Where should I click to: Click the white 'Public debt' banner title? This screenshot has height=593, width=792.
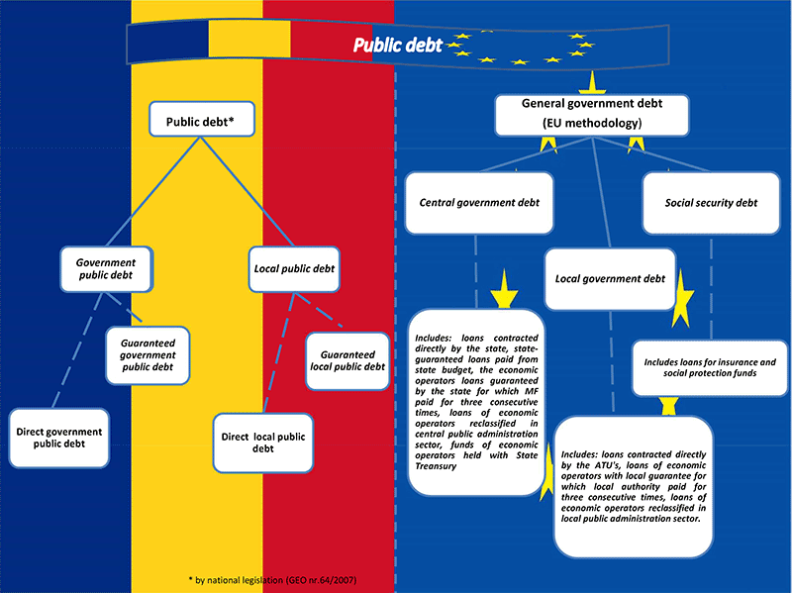(398, 45)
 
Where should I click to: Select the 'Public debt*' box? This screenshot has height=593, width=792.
(202, 119)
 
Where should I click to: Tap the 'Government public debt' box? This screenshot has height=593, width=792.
(106, 269)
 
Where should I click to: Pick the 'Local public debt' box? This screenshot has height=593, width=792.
(294, 269)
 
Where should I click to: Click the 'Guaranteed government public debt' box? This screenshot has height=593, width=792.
(148, 355)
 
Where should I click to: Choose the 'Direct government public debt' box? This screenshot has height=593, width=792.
(59, 438)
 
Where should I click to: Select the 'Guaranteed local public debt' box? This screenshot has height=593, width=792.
(347, 360)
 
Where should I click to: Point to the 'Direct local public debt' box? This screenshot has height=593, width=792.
(263, 443)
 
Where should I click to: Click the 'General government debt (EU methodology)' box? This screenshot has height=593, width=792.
(592, 115)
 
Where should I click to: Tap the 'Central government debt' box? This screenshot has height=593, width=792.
(479, 203)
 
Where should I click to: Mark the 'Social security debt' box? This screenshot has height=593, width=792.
(711, 203)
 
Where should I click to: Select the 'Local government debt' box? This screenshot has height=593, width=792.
(610, 279)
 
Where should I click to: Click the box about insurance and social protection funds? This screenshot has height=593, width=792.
(710, 367)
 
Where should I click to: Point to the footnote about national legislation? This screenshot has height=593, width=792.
(272, 580)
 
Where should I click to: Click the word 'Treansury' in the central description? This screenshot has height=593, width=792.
(436, 466)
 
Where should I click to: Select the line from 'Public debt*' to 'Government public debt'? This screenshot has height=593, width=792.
(153, 192)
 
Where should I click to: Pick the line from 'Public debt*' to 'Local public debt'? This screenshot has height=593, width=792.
(247, 192)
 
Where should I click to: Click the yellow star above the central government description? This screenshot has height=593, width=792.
(504, 290)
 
